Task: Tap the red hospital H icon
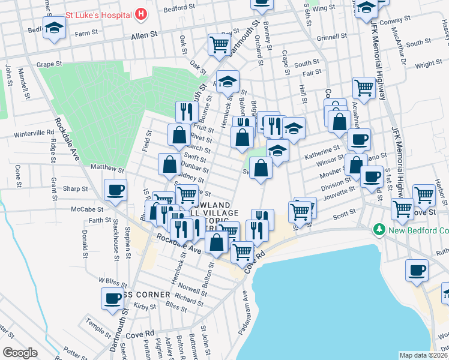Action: [140, 13]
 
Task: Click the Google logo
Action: [20, 353]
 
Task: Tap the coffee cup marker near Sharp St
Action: [115, 190]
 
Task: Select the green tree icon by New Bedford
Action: [378, 229]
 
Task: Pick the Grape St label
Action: [49, 63]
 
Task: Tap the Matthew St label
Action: [107, 169]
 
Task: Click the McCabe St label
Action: [88, 210]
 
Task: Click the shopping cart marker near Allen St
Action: [219, 43]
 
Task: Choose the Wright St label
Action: [429, 64]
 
